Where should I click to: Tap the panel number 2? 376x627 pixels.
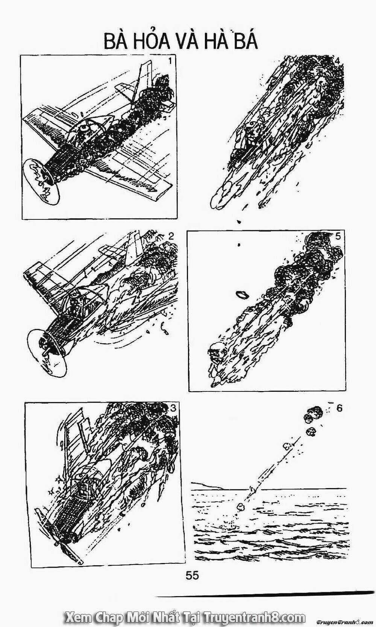pos(171,236)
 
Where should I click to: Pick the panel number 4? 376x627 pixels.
pos(338,61)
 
